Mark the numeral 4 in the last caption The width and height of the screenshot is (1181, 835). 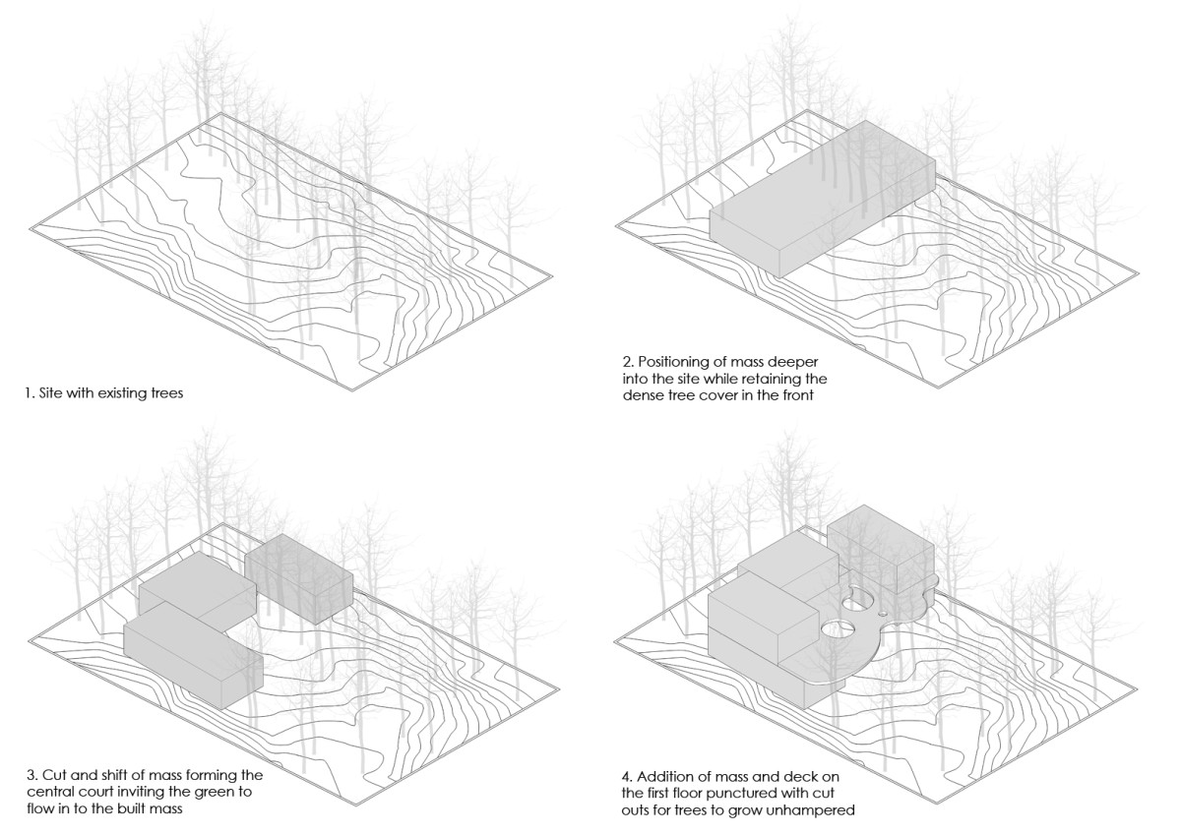[625, 776]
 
